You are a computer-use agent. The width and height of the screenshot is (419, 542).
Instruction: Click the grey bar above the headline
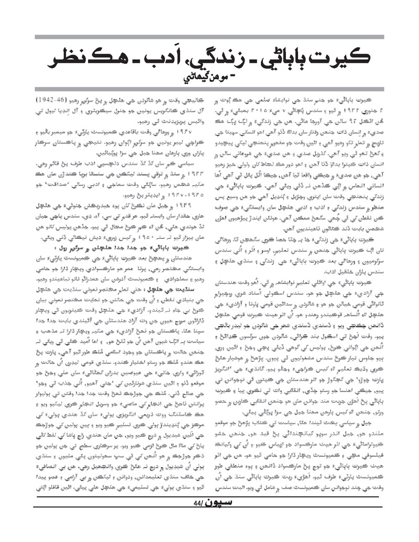coord(209,38)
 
